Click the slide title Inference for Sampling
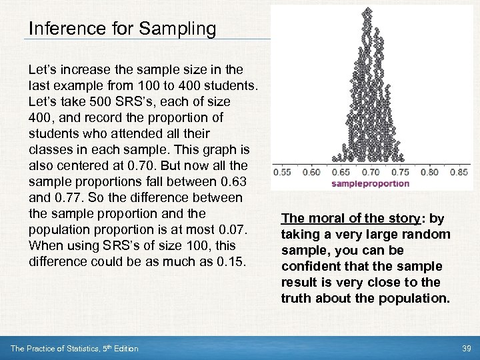[122, 29]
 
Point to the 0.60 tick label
[311, 172]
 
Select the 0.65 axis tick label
[341, 172]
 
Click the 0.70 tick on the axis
[370, 172]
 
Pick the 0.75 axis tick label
[399, 172]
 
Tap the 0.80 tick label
[429, 172]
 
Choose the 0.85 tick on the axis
[458, 172]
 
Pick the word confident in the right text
[308, 266]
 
